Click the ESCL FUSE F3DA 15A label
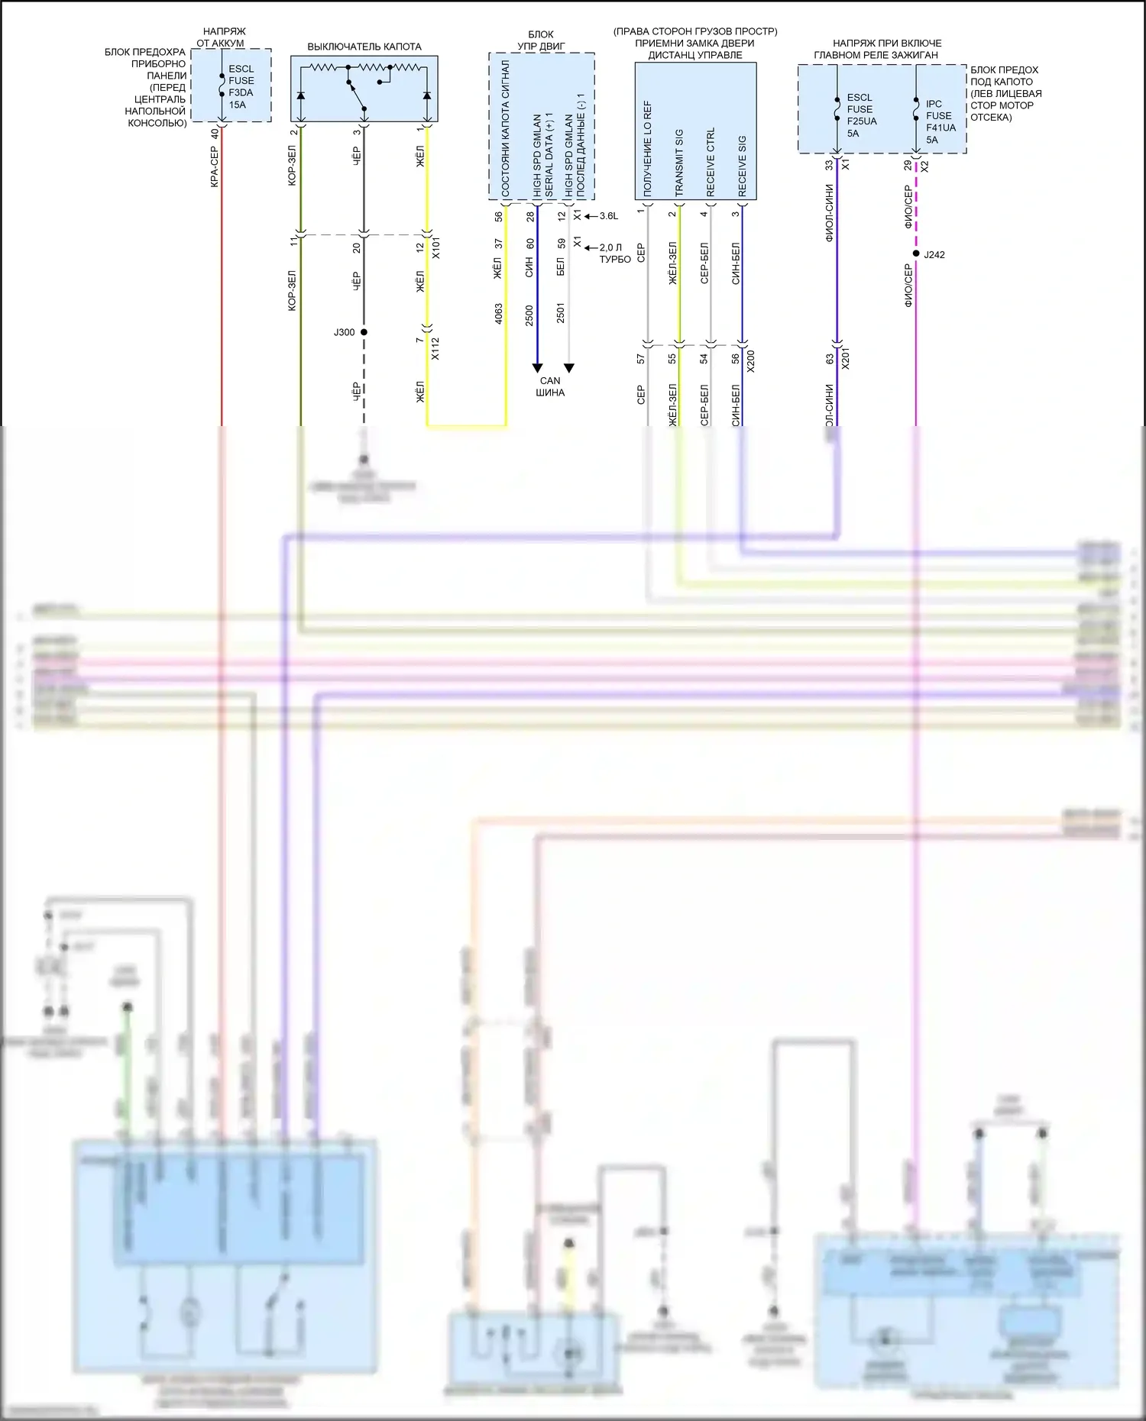pos(241,86)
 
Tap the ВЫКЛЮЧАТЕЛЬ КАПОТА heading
pos(364,47)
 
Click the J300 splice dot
pos(364,332)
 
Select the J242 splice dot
pos(915,254)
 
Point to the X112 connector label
pos(435,348)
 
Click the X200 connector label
pos(750,361)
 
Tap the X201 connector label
pos(845,359)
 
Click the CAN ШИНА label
pos(550,386)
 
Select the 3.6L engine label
pos(609,216)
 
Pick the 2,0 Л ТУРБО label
pos(613,253)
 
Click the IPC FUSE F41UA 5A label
pos(940,121)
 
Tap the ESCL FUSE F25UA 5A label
pos(861,115)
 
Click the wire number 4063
pos(498,314)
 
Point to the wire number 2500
pos(529,315)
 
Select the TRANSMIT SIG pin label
pos(679,163)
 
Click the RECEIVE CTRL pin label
pos(711,162)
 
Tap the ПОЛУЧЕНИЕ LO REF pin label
pos(648,149)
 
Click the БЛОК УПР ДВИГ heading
pos(541,40)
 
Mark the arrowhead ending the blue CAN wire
pos(537,368)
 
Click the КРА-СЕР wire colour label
pos(215,167)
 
